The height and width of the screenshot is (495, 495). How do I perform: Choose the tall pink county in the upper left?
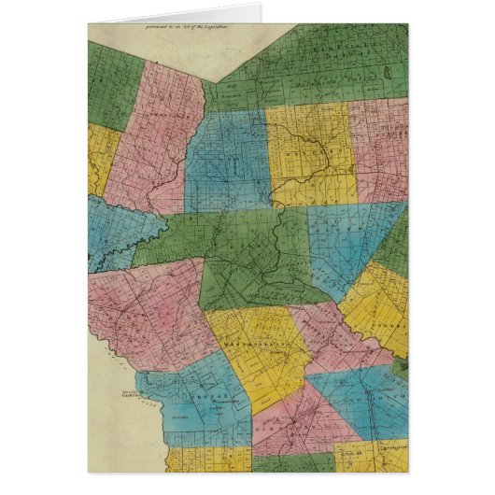[x=154, y=135]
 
